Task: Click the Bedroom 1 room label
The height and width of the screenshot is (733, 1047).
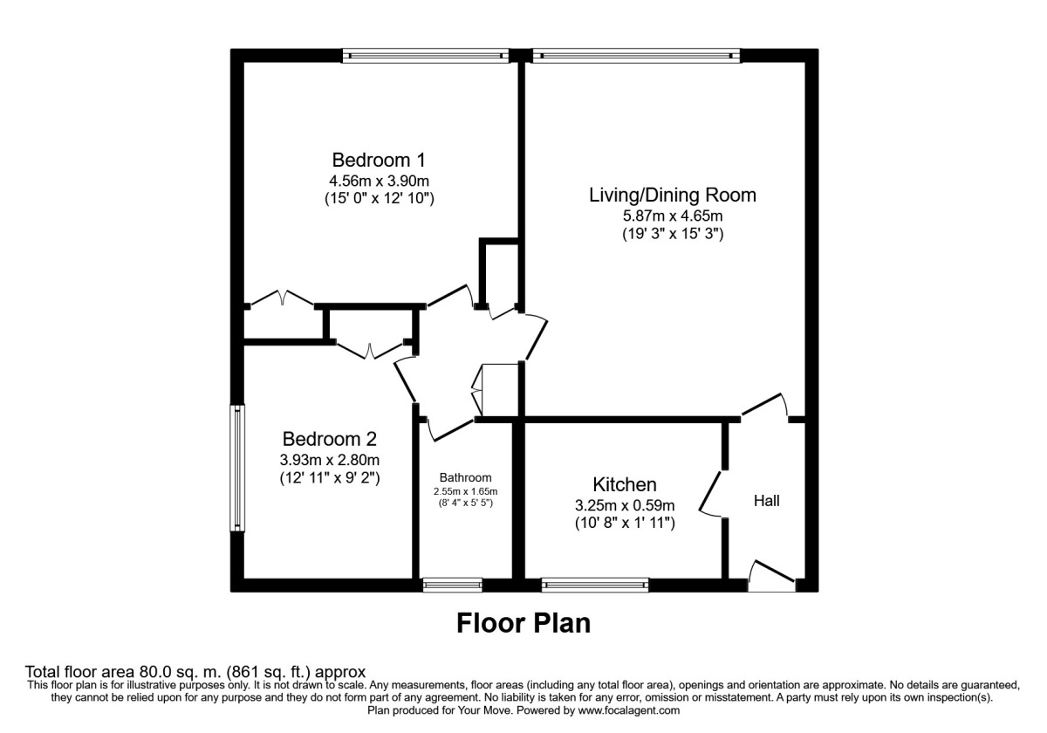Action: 379,161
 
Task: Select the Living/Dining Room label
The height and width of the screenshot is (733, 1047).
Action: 672,195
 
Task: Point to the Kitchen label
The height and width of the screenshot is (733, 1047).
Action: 625,484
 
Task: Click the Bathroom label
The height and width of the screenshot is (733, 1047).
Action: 465,477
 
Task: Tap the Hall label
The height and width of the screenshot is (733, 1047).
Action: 766,501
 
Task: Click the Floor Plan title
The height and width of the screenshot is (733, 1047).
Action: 523,623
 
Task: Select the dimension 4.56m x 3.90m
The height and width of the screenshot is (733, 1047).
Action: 379,181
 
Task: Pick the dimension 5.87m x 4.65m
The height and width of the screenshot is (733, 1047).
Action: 672,216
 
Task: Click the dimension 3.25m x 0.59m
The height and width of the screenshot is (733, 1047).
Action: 625,504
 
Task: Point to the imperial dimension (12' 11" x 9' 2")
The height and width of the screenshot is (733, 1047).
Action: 330,478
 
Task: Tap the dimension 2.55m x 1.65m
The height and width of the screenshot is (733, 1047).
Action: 465,491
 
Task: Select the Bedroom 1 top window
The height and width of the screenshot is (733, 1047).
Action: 427,55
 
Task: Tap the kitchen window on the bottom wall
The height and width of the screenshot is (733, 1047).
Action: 595,585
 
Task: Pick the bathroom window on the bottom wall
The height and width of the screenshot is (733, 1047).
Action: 452,585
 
